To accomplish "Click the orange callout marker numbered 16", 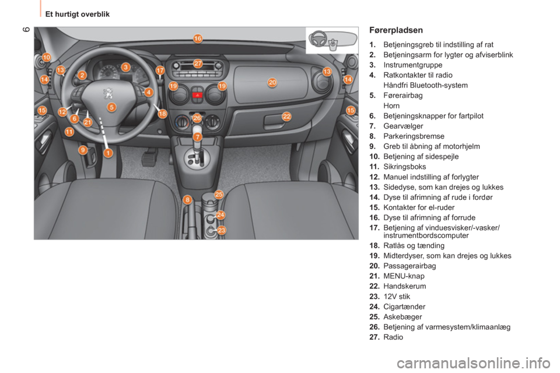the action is point(198,38).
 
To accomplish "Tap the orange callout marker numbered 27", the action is point(198,64).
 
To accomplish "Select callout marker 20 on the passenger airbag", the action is point(272,82).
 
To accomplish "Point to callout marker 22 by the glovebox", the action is point(286,117).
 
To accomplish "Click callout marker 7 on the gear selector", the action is point(198,137).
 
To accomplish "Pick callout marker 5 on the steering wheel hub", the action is point(112,107).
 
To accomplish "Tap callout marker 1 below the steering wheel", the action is point(108,153).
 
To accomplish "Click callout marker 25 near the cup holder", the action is point(219,194).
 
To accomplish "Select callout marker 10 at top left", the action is point(47,57).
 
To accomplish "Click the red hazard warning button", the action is point(197,96).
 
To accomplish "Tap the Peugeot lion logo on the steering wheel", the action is point(108,93).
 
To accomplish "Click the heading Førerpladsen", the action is point(395,30).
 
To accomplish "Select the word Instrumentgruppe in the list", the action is point(412,65).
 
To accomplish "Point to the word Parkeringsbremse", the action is point(414,136).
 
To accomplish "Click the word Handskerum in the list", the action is point(404,286).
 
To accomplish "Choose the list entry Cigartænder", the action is point(404,307).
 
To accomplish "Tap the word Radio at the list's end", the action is point(393,337).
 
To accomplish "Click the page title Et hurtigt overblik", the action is point(78,14).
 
